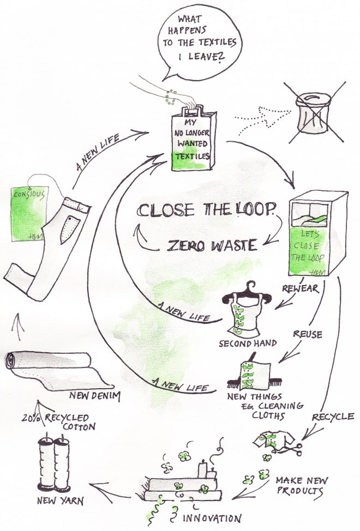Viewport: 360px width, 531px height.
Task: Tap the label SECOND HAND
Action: coord(241,344)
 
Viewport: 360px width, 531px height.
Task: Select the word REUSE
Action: coord(308,334)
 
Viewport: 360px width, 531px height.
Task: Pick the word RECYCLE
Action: coord(333,417)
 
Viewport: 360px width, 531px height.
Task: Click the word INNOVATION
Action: coord(218,517)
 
